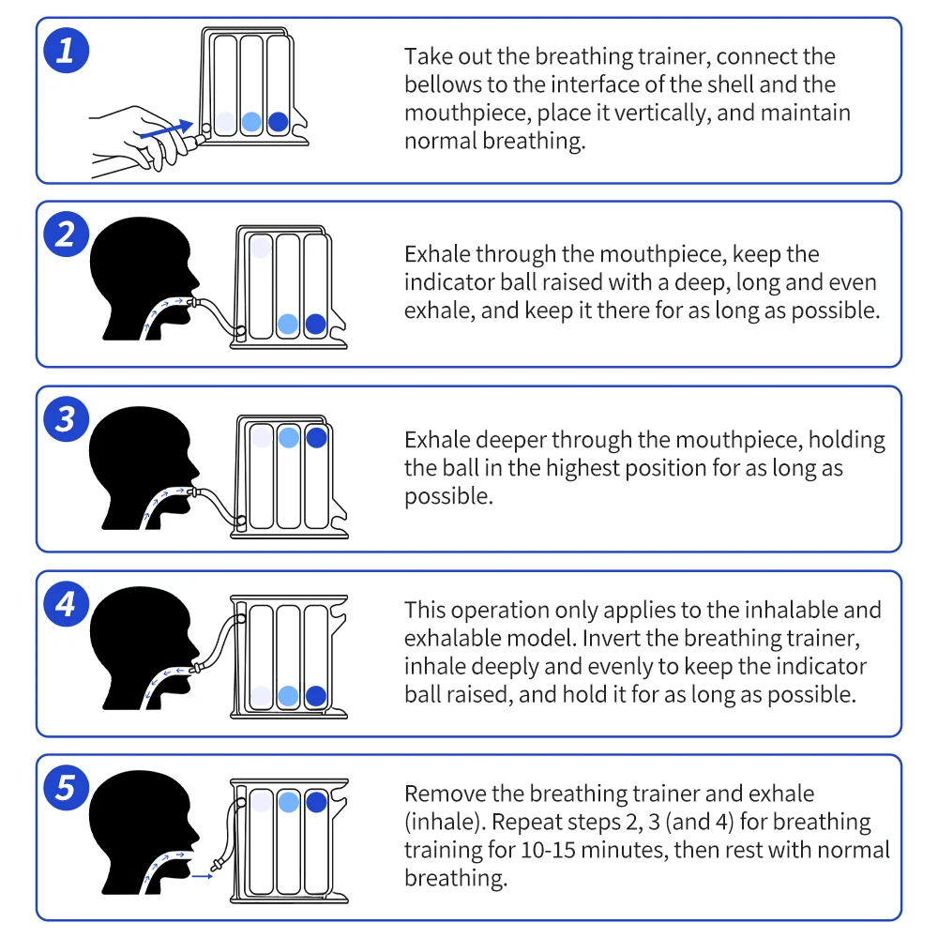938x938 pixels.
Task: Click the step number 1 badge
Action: tap(66, 51)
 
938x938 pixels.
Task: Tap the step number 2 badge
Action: tap(66, 234)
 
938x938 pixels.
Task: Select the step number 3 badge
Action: tap(66, 418)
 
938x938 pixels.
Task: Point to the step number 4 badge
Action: tap(66, 603)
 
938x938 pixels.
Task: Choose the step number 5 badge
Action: tap(66, 787)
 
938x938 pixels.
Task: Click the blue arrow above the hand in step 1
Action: tap(166, 129)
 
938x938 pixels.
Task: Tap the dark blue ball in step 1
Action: tap(279, 122)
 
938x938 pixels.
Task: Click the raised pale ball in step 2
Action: tap(261, 248)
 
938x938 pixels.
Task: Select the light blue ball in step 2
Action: tap(288, 325)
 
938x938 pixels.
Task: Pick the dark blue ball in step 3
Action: tap(316, 437)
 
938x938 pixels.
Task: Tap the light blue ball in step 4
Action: tap(288, 696)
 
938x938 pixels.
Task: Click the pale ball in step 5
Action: tap(262, 802)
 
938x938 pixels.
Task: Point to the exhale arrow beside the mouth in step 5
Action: tap(203, 876)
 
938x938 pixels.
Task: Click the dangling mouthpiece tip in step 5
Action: tap(217, 865)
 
